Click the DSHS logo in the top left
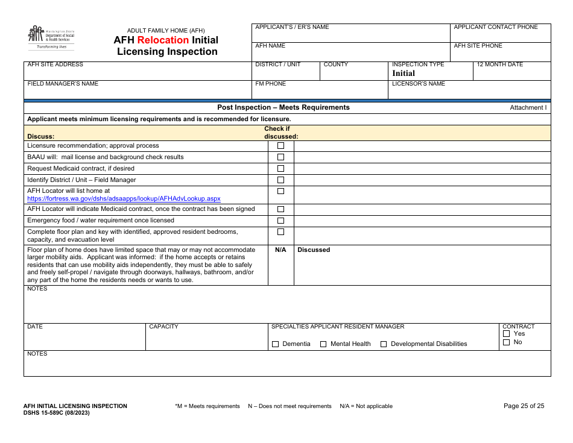point(51,37)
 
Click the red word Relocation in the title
point(163,40)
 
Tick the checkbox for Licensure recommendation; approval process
point(280,146)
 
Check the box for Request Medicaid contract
point(280,169)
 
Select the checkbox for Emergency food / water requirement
point(280,221)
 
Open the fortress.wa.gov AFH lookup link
point(124,198)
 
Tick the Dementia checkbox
point(276,344)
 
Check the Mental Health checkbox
point(323,344)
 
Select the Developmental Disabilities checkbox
point(384,344)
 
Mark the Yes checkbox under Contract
point(507,334)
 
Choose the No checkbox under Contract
point(507,342)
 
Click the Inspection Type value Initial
point(404,74)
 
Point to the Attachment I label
point(528,108)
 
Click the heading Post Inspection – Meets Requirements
point(283,107)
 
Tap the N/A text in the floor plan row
point(280,250)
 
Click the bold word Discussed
point(314,250)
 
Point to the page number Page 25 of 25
point(524,406)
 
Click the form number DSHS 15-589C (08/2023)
point(57,413)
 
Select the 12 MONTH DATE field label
point(499,64)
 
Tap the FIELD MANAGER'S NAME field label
point(63,84)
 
